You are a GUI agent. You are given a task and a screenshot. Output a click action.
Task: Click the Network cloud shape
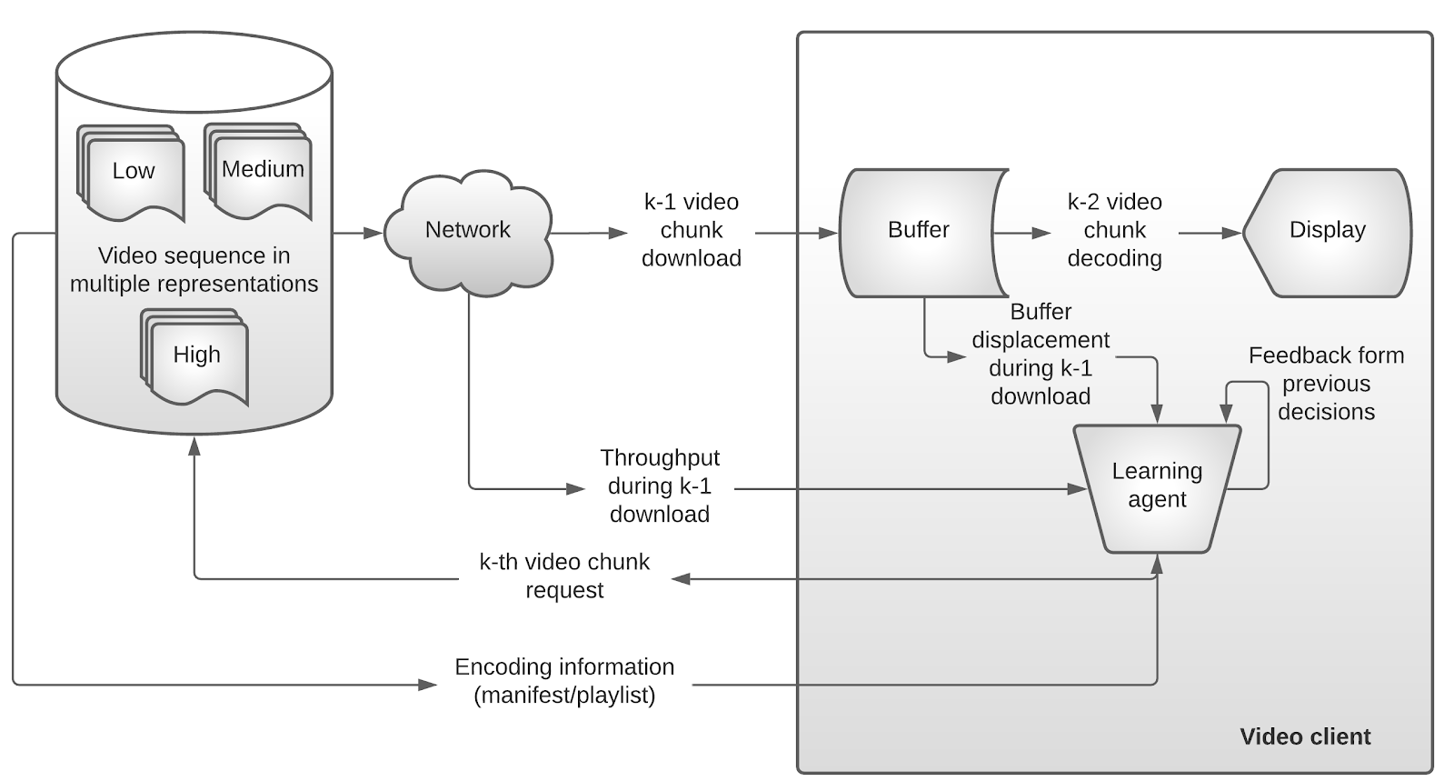(x=468, y=230)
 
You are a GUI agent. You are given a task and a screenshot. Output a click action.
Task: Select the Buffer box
(x=920, y=232)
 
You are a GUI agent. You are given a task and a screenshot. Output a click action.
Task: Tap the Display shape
(x=1327, y=232)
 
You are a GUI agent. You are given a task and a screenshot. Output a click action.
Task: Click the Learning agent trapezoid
(x=1157, y=486)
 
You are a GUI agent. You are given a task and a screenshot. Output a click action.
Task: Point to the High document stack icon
(x=195, y=355)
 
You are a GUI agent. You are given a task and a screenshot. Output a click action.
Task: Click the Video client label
(x=1305, y=736)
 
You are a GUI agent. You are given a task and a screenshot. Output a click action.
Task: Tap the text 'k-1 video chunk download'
(x=692, y=230)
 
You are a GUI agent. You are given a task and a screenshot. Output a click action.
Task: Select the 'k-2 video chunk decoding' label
(x=1114, y=230)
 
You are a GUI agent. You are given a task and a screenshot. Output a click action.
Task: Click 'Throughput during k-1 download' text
(x=660, y=486)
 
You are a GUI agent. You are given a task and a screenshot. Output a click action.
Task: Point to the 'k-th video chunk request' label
(x=564, y=576)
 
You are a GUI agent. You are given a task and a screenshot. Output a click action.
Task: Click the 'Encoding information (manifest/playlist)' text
(x=564, y=681)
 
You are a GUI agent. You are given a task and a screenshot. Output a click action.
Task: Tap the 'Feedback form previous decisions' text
(x=1326, y=383)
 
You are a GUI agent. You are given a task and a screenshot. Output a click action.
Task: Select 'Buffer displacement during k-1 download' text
(x=1041, y=354)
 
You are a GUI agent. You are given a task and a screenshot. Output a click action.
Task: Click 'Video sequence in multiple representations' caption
(x=194, y=269)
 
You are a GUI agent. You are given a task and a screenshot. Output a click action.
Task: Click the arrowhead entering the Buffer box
(x=829, y=234)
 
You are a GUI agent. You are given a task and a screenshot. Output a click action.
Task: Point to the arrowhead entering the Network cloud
(x=373, y=234)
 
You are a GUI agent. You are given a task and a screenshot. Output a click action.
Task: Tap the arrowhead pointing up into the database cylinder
(x=194, y=445)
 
